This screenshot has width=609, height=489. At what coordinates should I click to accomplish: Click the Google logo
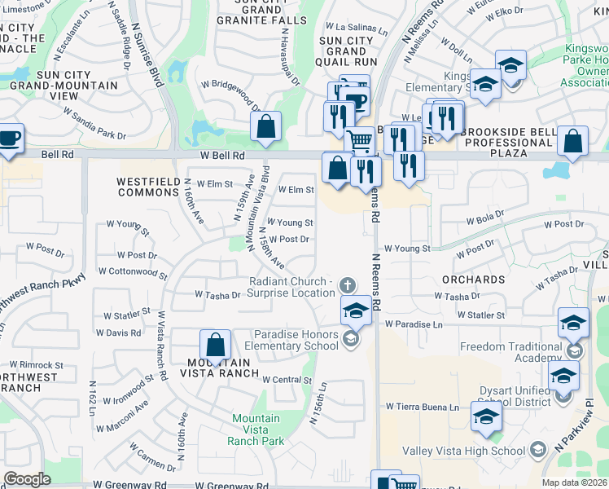[27, 479]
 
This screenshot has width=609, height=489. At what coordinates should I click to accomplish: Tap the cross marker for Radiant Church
[348, 285]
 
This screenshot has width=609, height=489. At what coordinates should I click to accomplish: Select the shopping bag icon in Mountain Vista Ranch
[215, 345]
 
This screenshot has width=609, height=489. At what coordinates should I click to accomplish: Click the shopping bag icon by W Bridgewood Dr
[265, 126]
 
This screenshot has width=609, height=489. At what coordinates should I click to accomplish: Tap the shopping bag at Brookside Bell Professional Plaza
[573, 140]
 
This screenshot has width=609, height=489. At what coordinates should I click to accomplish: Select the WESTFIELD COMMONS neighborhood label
[147, 187]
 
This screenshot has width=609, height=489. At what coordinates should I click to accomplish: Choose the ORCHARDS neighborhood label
[473, 280]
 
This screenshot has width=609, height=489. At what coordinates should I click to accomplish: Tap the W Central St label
[287, 380]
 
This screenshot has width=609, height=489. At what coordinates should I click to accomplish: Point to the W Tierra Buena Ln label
[422, 407]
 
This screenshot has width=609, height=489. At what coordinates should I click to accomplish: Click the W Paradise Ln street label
[414, 324]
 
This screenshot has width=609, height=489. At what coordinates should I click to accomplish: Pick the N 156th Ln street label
[318, 403]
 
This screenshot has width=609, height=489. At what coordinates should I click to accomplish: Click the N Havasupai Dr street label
[289, 57]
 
